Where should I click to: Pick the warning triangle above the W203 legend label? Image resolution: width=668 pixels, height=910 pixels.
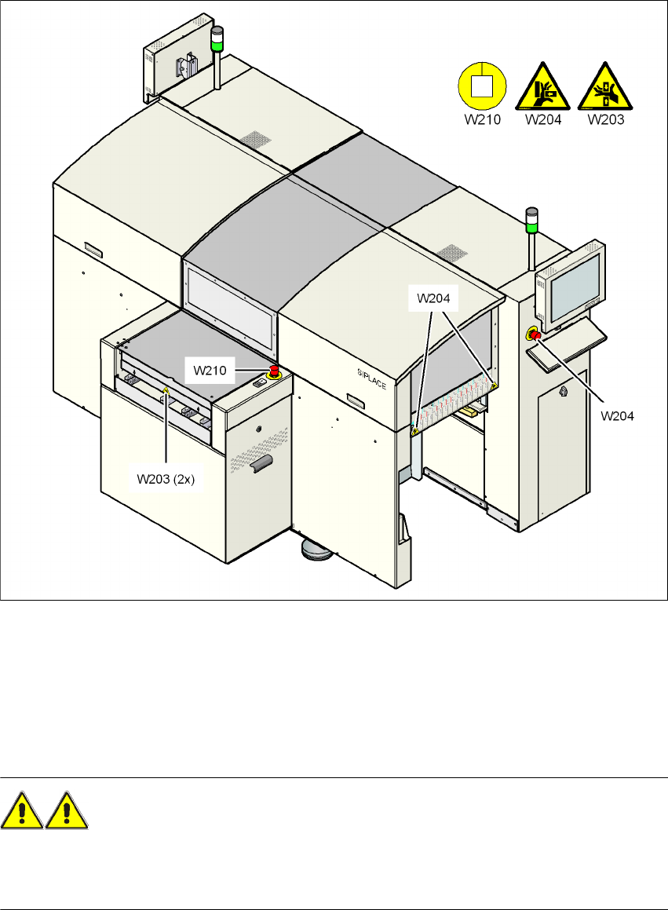tap(606, 87)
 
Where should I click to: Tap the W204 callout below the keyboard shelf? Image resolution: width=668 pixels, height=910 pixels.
tap(618, 415)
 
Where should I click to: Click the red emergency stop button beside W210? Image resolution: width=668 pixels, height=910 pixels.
tap(275, 370)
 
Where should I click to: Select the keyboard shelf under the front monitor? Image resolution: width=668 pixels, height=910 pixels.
tap(569, 346)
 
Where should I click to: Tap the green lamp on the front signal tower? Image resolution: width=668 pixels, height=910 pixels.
tap(532, 228)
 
